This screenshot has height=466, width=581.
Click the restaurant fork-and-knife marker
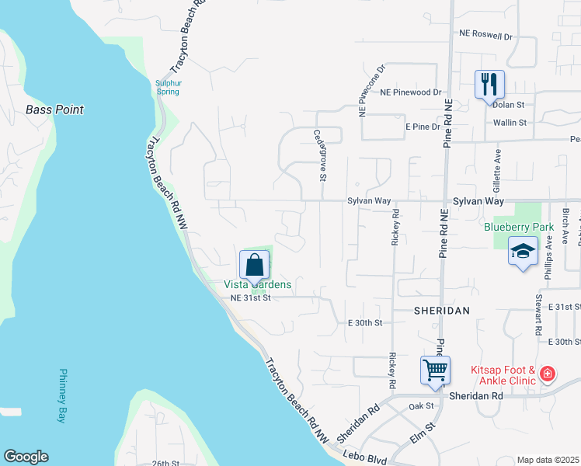(489, 84)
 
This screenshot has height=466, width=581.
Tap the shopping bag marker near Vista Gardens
(255, 265)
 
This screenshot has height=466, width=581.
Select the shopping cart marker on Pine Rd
(435, 370)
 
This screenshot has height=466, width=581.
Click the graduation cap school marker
(523, 251)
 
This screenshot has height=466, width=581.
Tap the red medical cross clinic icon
(548, 374)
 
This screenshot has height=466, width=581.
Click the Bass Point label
(54, 110)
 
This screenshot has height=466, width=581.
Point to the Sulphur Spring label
(168, 86)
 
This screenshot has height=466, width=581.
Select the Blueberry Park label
(518, 228)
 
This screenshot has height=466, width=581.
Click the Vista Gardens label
(258, 285)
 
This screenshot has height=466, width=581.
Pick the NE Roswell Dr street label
(486, 36)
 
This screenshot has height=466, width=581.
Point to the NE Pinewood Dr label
(410, 92)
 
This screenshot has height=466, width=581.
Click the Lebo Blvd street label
(367, 460)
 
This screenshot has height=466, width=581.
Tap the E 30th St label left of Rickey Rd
(365, 322)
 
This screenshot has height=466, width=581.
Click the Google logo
(26, 457)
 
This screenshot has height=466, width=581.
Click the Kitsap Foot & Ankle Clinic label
(503, 375)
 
